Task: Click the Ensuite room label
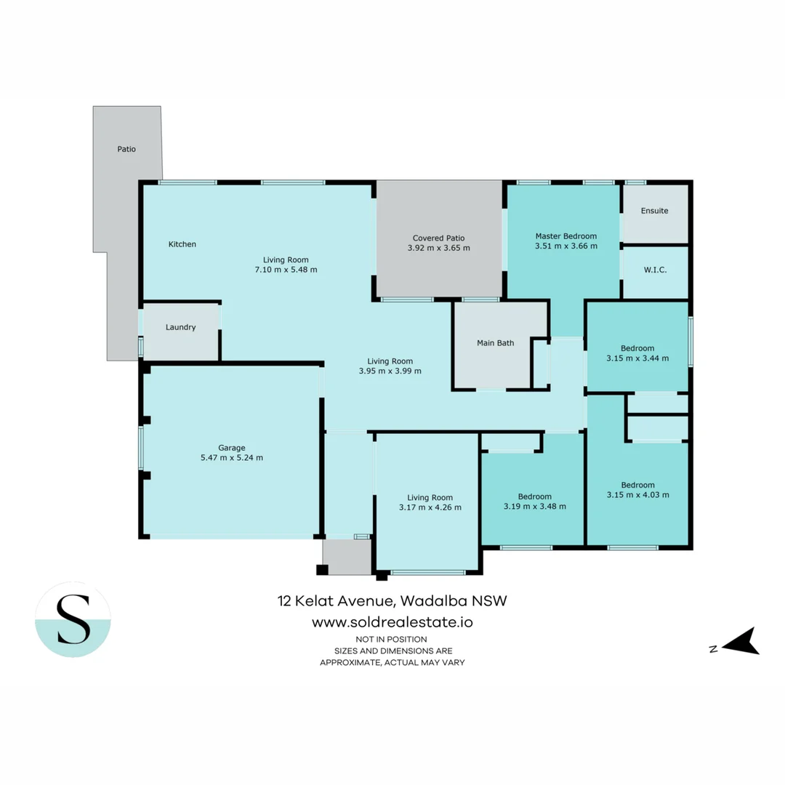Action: [654, 211]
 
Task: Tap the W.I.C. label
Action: [654, 270]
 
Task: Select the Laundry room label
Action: [180, 327]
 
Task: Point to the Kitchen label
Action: [182, 244]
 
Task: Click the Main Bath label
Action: [496, 343]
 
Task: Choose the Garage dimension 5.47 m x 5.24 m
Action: [232, 458]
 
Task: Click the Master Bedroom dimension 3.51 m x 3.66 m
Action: [565, 246]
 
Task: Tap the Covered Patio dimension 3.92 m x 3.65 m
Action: [438, 248]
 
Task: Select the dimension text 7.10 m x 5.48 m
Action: [286, 269]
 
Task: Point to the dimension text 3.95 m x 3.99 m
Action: [390, 371]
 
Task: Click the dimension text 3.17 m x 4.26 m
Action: [430, 507]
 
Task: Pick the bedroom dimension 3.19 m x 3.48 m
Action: [534, 506]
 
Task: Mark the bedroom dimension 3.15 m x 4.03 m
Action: [637, 494]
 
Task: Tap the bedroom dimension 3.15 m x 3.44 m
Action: [637, 358]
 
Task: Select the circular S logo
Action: [73, 619]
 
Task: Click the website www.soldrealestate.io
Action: [392, 622]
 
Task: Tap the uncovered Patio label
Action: [126, 149]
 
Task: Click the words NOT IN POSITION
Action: [392, 639]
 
